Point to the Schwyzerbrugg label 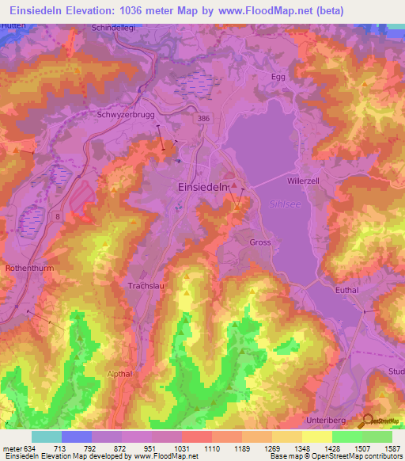pos(123,114)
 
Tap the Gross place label pos(260,242)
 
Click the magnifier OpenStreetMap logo pos(366,423)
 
